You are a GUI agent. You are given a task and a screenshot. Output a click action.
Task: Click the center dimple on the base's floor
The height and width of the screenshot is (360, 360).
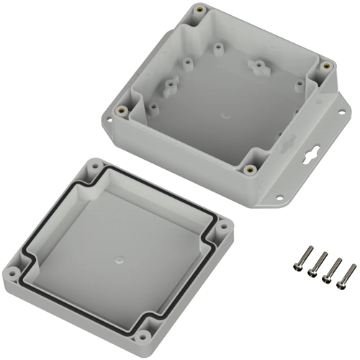coord(225,113)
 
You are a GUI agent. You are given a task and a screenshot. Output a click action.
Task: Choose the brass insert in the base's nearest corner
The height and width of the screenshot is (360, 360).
coord(249,170)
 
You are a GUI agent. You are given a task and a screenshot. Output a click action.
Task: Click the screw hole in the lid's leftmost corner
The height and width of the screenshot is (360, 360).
coord(12,275)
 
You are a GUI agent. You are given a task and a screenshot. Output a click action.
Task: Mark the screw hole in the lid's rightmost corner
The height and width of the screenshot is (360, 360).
coord(224,228)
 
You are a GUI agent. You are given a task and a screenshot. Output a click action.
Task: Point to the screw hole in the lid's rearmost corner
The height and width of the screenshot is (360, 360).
coord(93,165)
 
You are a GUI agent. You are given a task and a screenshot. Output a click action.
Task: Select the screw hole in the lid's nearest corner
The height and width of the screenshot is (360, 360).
coord(143,336)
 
